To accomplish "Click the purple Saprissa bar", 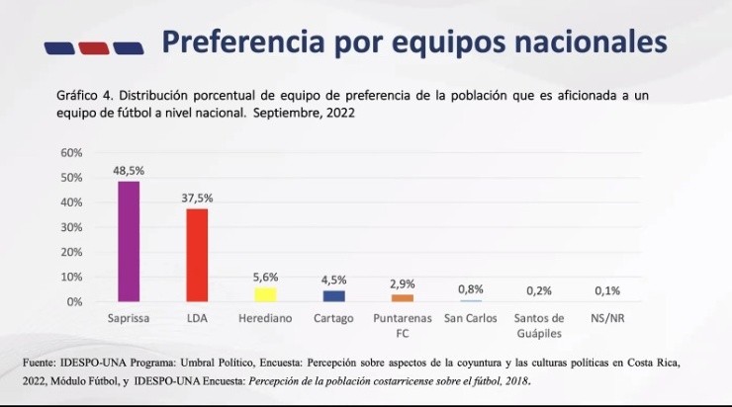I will pyautogui.click(x=129, y=241).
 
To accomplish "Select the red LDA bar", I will pyautogui.click(x=197, y=255).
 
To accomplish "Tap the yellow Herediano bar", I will pyautogui.click(x=265, y=294).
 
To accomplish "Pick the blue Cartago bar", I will pyautogui.click(x=333, y=295).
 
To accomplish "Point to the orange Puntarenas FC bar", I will pyautogui.click(x=402, y=297).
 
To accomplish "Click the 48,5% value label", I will pyautogui.click(x=129, y=171).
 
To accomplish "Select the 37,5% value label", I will pyautogui.click(x=197, y=198).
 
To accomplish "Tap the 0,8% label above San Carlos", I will pyautogui.click(x=471, y=289).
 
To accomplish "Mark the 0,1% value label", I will pyautogui.click(x=608, y=290).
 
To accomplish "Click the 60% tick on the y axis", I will pyautogui.click(x=71, y=153).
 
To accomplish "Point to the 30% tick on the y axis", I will pyautogui.click(x=71, y=227).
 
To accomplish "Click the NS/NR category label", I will pyautogui.click(x=608, y=318).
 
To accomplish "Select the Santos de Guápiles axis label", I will pyautogui.click(x=539, y=325).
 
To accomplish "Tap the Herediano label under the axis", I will pyautogui.click(x=264, y=318).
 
